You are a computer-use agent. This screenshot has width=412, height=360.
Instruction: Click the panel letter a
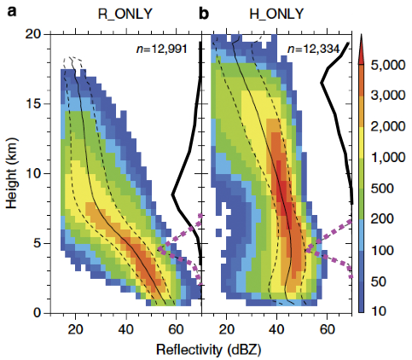click(12, 12)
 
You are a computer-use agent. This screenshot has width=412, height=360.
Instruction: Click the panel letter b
click(204, 13)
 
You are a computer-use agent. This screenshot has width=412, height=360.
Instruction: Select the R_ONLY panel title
click(125, 14)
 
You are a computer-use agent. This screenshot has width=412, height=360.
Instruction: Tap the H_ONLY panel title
click(276, 14)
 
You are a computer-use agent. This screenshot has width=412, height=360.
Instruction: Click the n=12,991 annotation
click(161, 49)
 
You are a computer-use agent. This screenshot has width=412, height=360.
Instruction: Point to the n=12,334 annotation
click(313, 49)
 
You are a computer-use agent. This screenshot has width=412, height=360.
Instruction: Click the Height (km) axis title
click(12, 173)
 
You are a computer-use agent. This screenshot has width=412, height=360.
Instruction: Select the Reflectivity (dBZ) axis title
click(208, 350)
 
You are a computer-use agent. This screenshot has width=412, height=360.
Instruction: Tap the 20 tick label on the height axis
click(34, 35)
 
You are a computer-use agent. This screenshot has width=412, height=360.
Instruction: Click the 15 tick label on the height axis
click(34, 104)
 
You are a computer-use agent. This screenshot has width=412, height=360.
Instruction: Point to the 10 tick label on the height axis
click(34, 173)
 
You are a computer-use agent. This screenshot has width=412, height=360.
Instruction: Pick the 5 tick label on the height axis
click(38, 244)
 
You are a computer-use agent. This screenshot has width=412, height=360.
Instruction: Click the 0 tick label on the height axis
click(38, 313)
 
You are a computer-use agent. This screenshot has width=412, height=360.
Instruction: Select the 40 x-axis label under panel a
click(126, 329)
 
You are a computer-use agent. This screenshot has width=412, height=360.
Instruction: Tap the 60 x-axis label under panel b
click(327, 329)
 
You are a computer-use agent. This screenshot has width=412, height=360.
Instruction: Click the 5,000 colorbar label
click(388, 65)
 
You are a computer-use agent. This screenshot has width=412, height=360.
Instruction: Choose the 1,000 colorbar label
click(388, 157)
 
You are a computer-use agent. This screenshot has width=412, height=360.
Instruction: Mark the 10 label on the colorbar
click(379, 311)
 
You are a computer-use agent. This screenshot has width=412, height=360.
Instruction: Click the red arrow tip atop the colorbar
click(361, 34)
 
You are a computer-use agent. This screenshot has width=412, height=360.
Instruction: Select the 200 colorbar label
click(382, 219)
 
